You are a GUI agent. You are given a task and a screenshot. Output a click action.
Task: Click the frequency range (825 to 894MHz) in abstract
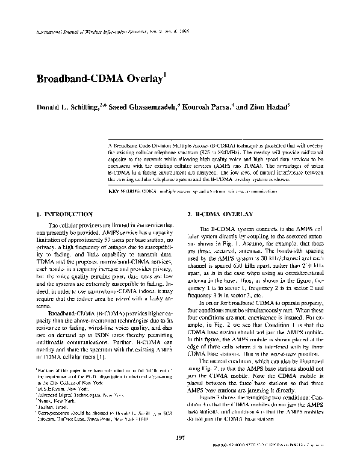(x=226, y=153)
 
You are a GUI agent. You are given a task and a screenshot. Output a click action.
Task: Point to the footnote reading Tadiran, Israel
(x=56, y=406)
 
